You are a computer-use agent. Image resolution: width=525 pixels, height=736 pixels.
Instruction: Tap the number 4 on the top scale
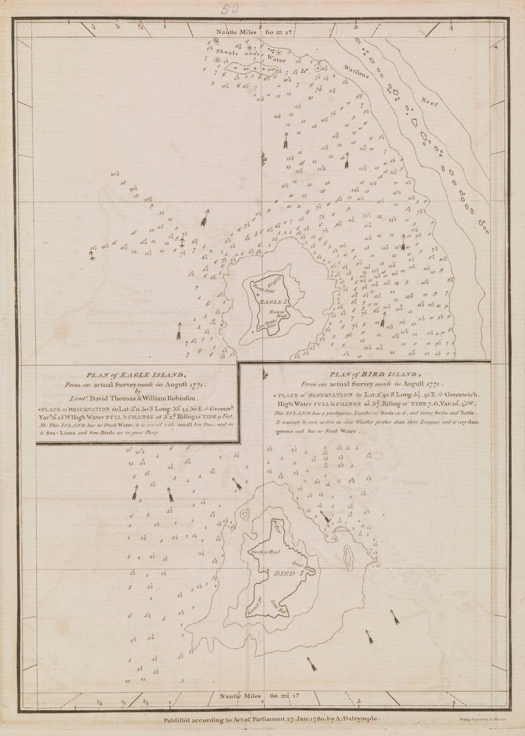coord(451,27)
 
